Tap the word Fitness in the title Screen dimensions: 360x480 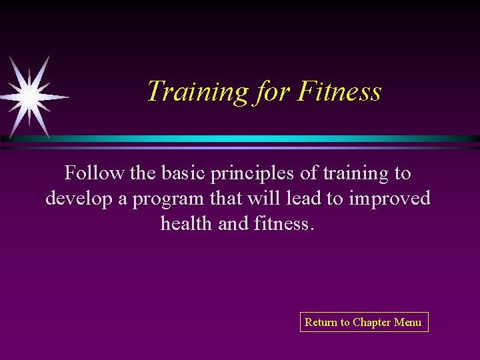(339, 91)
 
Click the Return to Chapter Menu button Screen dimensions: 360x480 (363, 322)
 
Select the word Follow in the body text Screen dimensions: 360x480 (94, 173)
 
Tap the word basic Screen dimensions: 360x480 (179, 173)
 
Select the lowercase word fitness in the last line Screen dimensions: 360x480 (282, 223)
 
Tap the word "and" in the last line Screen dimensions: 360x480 (233, 223)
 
